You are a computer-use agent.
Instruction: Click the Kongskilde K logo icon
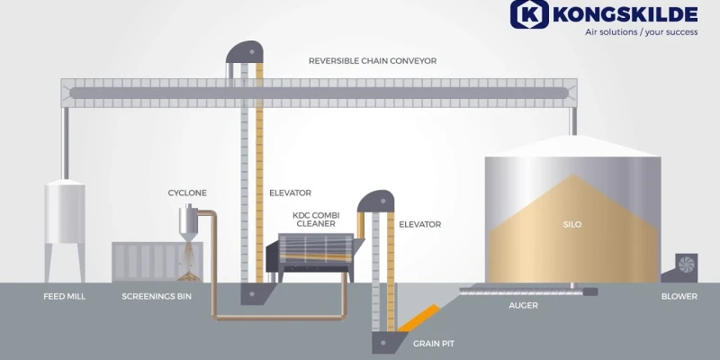click(x=530, y=14)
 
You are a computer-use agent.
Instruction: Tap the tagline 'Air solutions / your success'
click(x=641, y=31)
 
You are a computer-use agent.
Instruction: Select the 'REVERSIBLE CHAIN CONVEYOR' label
click(x=372, y=61)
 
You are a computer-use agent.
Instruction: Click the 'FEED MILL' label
click(x=65, y=296)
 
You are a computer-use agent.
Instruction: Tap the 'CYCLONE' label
click(x=187, y=193)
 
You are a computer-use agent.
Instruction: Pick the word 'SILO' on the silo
click(x=571, y=224)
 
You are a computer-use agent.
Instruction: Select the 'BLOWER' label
click(x=679, y=296)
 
